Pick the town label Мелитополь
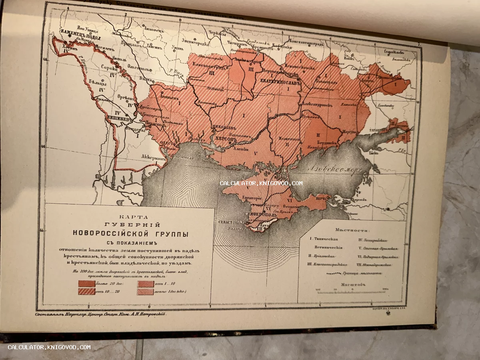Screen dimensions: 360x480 pyautogui.click(x=289, y=139)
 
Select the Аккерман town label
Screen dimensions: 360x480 pyautogui.click(x=154, y=158)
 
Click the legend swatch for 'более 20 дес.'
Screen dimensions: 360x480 pyautogui.click(x=87, y=283)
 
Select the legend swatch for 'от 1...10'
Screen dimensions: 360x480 pyautogui.click(x=146, y=283)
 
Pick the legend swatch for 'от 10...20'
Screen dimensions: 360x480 pyautogui.click(x=87, y=291)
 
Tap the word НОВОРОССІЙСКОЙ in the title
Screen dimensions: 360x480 pyautogui.click(x=130, y=234)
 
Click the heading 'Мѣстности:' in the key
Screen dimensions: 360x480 pyautogui.click(x=352, y=230)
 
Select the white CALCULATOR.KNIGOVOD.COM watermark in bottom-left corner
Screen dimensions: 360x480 pyautogui.click(x=49, y=347)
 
